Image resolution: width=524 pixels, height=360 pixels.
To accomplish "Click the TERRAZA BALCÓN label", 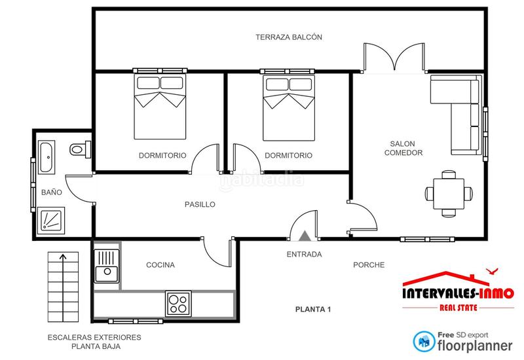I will tap(289, 37).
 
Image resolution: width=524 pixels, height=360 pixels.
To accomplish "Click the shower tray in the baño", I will tap(50, 219).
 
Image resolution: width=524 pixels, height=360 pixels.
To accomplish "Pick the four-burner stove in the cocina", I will tap(178, 302).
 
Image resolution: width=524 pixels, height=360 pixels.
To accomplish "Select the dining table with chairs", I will tap(449, 194).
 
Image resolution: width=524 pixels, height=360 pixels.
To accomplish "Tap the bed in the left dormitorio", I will tap(160, 106).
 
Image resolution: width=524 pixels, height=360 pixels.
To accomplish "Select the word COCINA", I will tap(160, 265).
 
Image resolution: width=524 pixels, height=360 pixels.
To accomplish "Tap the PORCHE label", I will tap(369, 265).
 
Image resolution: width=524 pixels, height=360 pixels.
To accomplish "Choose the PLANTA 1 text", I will tap(313, 309).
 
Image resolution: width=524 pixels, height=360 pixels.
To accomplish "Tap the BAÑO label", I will tap(51, 193).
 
